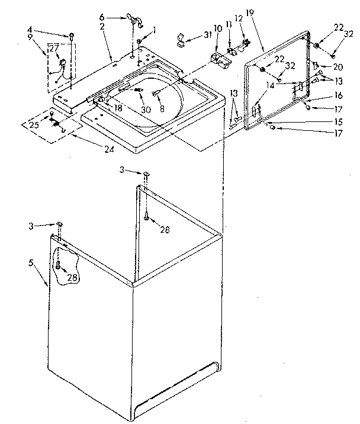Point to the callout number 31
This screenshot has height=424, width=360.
207,35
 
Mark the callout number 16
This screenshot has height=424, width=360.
338,95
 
